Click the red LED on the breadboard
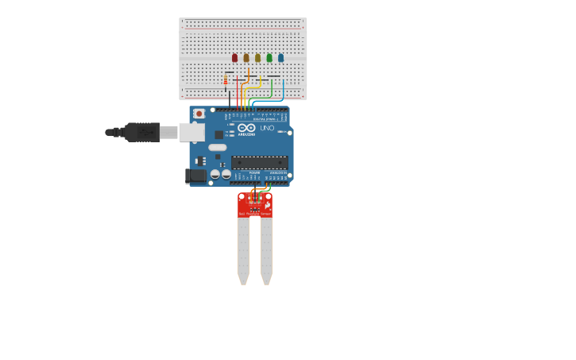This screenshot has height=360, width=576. (234, 57)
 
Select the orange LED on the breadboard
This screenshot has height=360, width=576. (246, 57)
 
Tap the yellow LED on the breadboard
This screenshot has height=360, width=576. (257, 57)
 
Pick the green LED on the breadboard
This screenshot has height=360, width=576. (269, 57)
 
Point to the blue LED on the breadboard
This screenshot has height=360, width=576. (280, 57)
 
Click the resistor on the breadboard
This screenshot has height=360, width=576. (226, 80)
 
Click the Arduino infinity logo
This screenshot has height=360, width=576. (246, 128)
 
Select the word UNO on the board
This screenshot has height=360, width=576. (267, 128)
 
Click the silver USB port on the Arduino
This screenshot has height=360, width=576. (191, 132)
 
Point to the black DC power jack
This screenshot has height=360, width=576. (195, 176)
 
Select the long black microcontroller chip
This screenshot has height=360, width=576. (260, 162)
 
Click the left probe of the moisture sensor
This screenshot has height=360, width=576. (243, 250)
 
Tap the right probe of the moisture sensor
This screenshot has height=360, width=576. (267, 250)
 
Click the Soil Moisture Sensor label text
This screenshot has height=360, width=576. (254, 213)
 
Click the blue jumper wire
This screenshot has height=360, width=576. (283, 89)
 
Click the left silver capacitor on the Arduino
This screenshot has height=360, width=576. (215, 174)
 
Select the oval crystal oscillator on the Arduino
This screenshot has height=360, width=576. (218, 147)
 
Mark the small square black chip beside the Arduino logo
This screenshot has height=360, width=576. (218, 135)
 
